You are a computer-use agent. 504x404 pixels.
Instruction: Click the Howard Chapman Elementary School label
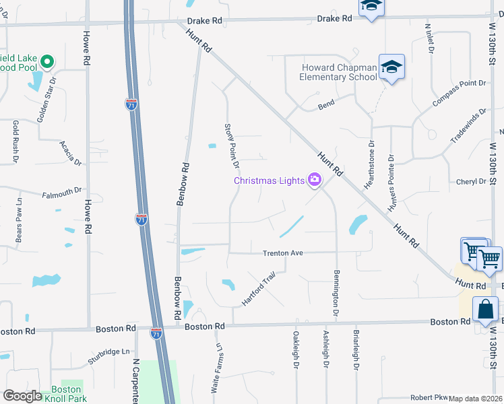338,72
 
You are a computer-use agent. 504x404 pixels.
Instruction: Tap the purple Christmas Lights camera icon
314,180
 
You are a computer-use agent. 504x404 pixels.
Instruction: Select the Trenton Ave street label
283,253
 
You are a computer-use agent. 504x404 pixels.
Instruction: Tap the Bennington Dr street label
335,294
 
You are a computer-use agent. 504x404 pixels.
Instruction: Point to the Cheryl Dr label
471,182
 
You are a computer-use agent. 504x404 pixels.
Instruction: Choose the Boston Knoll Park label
67,394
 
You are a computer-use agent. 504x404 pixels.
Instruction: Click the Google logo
22,396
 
